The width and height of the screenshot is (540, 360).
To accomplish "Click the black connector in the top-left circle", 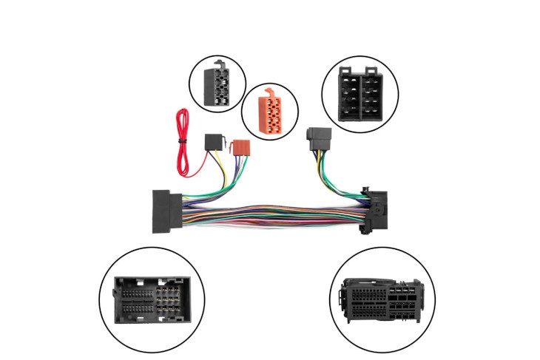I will point(220,83).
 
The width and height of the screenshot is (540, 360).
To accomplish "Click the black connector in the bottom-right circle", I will point(384,302).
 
